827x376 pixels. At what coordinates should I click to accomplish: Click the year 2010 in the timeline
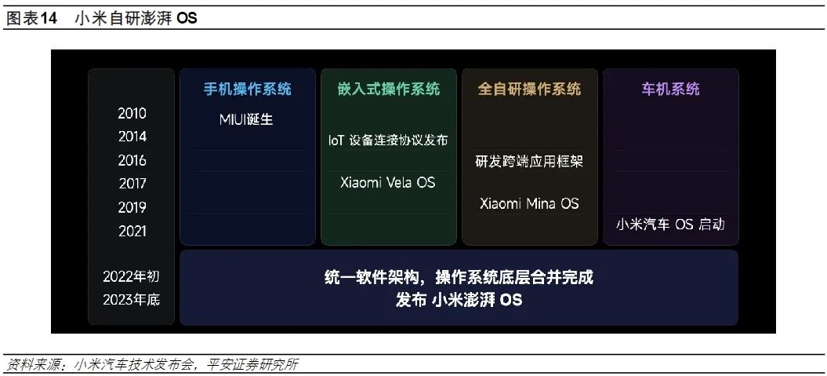tap(132, 114)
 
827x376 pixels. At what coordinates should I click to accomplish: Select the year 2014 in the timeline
tap(132, 137)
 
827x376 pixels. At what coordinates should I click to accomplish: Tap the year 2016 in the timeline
tap(132, 161)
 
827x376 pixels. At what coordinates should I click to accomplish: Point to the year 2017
tap(132, 184)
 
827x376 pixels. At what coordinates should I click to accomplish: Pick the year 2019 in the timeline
tap(132, 207)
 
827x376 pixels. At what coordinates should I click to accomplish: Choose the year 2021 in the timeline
tap(132, 232)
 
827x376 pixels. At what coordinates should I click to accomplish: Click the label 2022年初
tap(132, 277)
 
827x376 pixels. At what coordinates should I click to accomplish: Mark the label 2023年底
tap(132, 300)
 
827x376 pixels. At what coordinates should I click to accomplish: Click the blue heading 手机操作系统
tap(248, 89)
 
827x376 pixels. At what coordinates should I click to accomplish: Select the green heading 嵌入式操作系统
tap(389, 89)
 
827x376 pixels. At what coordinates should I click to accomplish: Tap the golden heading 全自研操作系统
tap(530, 89)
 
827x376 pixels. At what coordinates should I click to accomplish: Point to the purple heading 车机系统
tap(670, 89)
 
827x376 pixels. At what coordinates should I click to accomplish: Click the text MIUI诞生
tap(246, 119)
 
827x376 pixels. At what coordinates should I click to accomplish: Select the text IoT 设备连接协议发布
tap(388, 141)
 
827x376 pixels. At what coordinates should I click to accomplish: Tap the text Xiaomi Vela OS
tap(388, 183)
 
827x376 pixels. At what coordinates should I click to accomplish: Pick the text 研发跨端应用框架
tap(529, 161)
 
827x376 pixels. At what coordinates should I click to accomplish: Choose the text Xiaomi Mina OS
tap(529, 204)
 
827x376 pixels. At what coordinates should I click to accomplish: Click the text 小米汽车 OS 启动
tap(670, 225)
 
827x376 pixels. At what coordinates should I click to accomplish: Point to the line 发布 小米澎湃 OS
tap(459, 300)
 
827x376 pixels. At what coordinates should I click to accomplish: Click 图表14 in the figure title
tap(31, 19)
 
